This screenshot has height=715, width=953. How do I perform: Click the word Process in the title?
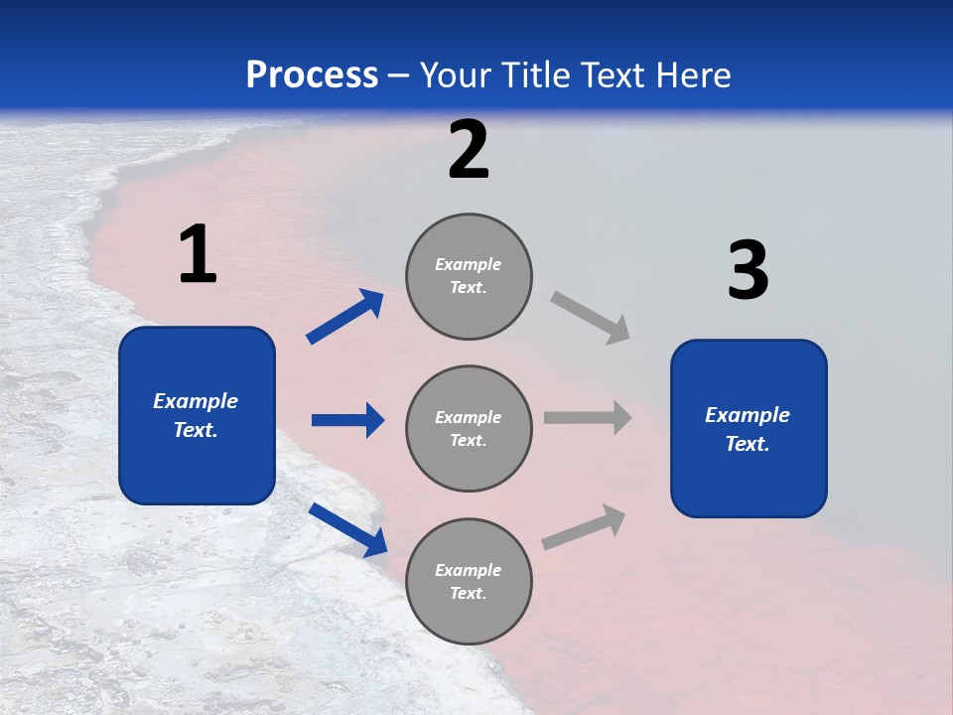point(312,75)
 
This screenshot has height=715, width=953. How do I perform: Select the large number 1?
point(198,255)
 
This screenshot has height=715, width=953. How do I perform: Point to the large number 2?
point(469,150)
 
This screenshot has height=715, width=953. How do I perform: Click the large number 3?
point(748,271)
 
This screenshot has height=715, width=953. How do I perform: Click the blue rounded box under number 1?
point(197,415)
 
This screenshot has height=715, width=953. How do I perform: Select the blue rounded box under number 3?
point(749,429)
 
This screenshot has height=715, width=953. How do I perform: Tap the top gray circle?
point(469,276)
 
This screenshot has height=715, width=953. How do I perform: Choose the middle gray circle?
point(469,429)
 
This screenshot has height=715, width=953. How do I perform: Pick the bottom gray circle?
point(469,582)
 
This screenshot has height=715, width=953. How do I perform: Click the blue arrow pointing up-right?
point(345,317)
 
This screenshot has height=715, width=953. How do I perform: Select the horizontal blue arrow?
point(347,420)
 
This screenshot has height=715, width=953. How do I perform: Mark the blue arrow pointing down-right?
point(347,529)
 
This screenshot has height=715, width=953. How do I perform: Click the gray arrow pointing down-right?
point(590,317)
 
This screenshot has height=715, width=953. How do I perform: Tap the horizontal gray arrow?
point(588,418)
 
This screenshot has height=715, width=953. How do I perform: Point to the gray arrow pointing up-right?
point(584,527)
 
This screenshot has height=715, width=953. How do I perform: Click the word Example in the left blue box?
point(196,401)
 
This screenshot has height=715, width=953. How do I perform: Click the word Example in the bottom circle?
point(468,570)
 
